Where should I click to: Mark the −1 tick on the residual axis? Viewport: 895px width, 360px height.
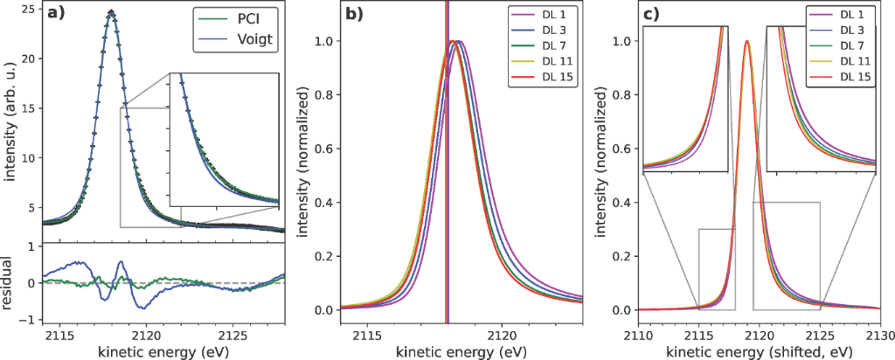point(31,319)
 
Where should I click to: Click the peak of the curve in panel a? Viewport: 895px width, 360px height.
point(111,12)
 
